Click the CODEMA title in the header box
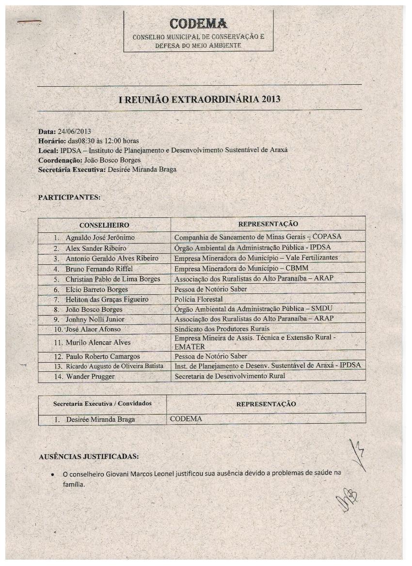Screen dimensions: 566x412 point(198,23)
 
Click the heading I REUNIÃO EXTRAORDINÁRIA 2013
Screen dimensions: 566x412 point(200,100)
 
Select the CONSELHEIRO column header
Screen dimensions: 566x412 point(104,225)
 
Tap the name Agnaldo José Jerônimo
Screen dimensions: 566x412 point(100,238)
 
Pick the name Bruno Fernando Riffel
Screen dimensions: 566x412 point(99,269)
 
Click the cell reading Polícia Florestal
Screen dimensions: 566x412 point(198,299)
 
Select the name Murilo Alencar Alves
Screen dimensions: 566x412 point(98,342)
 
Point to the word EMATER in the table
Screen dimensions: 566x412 point(190,347)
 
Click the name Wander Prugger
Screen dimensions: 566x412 point(91,376)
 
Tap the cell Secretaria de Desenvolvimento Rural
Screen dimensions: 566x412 point(230,376)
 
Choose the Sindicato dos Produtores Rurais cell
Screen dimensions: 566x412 point(222,329)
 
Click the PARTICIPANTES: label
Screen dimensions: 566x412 point(69,198)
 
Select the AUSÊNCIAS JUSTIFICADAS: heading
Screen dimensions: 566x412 point(89,456)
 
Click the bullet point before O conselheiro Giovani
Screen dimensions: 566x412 point(53,474)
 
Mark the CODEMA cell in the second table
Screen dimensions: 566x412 point(186,419)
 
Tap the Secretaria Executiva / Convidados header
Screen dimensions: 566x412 point(102,403)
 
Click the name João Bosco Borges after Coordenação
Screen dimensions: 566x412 point(112,159)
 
